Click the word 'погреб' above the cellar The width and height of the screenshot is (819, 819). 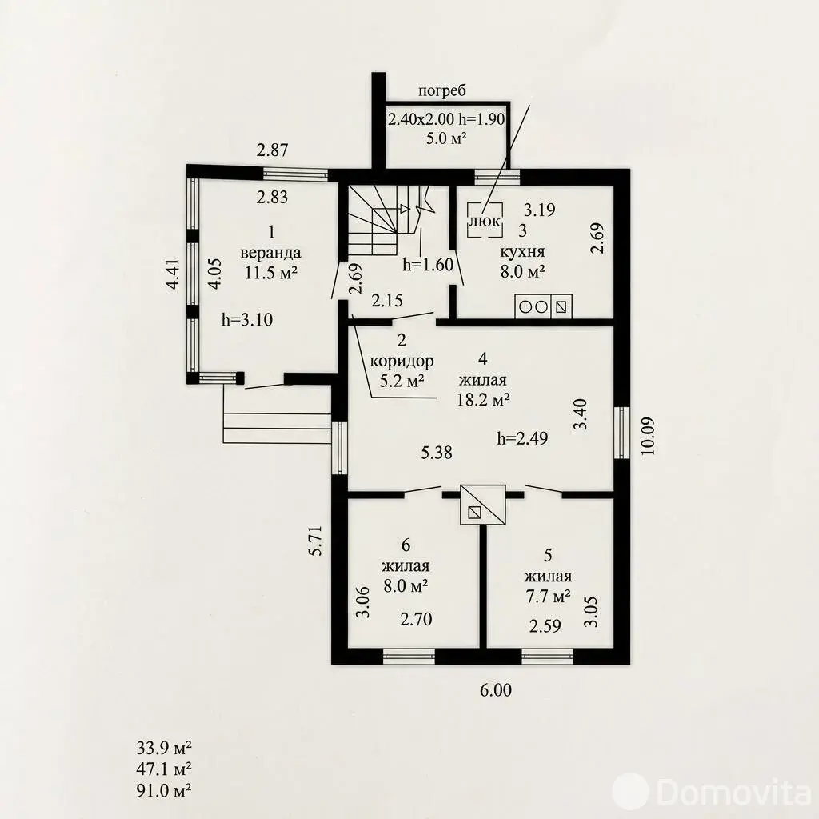[x=441, y=91]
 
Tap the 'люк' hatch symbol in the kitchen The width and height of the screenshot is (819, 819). [x=485, y=220]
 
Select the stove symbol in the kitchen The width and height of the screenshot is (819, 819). [x=543, y=306]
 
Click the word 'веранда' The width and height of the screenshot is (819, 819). [x=270, y=253]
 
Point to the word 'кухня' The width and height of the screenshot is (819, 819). [x=523, y=252]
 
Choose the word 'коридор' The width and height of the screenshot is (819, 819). [x=402, y=361]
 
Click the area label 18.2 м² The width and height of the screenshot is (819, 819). [x=483, y=400]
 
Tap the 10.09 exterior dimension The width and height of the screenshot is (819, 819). [x=647, y=436]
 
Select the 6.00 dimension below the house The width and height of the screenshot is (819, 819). [x=496, y=690]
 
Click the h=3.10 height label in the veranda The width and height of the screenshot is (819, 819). [x=247, y=320]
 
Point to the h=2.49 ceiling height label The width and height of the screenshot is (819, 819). [x=523, y=438]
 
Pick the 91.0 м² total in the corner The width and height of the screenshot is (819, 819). [x=163, y=790]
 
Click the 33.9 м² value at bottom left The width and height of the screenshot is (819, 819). [x=163, y=748]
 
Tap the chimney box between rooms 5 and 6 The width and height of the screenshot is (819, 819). [x=482, y=505]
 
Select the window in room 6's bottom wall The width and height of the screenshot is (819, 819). [x=409, y=657]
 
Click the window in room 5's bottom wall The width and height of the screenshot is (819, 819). [x=547, y=657]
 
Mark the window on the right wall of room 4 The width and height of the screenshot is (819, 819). [x=621, y=433]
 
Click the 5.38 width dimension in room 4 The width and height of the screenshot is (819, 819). [x=437, y=453]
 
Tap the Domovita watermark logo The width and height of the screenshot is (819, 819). [x=712, y=793]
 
